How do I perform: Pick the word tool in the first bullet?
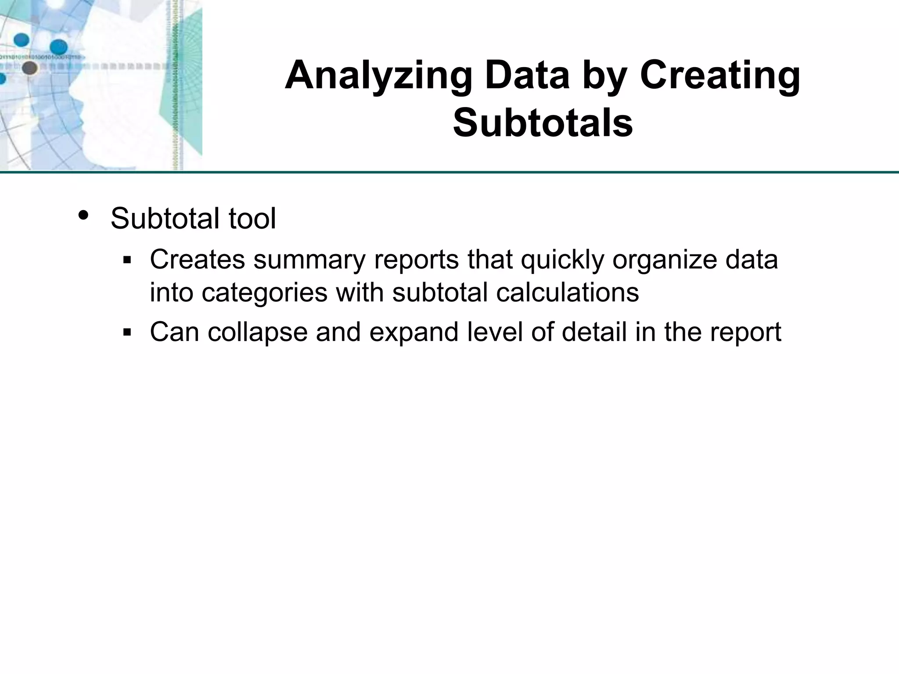252,218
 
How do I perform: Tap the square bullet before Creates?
127,260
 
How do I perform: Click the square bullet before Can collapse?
127,333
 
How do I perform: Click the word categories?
265,292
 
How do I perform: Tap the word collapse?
258,332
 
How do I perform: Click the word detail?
594,332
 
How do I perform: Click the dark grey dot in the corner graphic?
29,68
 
